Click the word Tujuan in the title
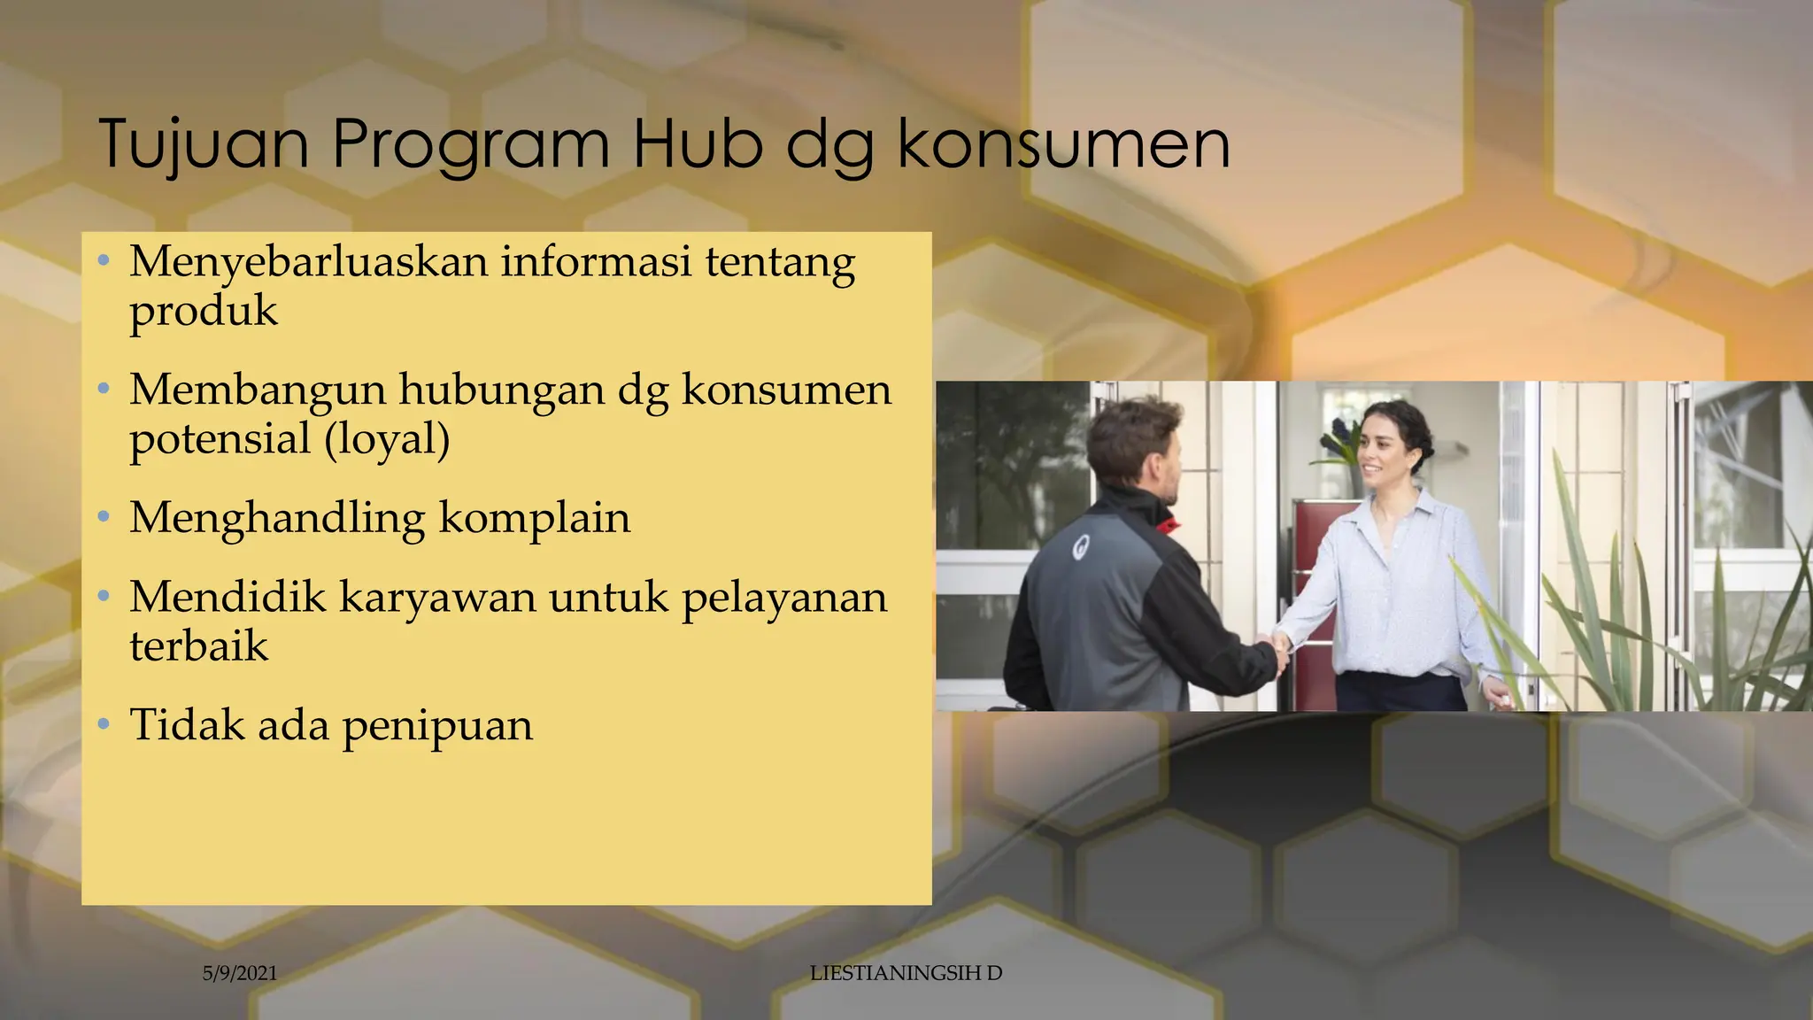pos(204,143)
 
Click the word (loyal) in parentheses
pos(387,439)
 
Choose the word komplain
pos(535,519)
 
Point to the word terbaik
pos(198,645)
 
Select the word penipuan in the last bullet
pos(437,726)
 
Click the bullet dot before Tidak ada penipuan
pos(104,724)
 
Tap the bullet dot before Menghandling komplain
pos(104,516)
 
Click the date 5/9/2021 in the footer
pos(240,974)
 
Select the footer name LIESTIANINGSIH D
pos(906,973)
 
